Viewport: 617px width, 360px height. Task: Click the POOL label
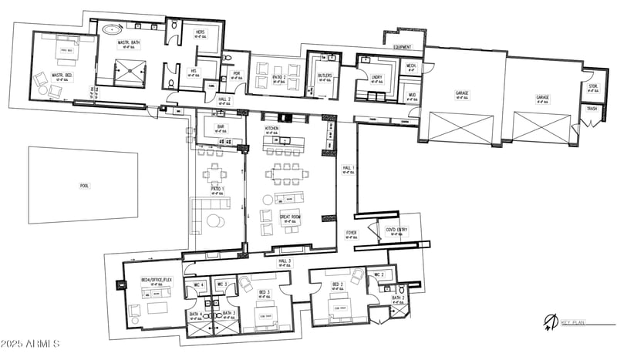[x=84, y=185]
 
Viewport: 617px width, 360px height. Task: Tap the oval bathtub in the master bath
[x=112, y=30]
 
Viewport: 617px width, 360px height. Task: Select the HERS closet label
[x=201, y=30]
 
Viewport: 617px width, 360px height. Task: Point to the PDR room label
[x=237, y=75]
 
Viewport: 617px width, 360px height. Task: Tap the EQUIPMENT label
[x=403, y=47]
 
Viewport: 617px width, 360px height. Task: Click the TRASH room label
[x=592, y=109]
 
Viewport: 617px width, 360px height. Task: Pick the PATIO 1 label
[x=218, y=189]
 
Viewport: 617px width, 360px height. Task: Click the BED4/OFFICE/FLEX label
[x=155, y=280]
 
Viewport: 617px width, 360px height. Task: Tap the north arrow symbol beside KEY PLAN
[x=549, y=321]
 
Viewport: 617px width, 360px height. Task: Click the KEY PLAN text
[x=572, y=322]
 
